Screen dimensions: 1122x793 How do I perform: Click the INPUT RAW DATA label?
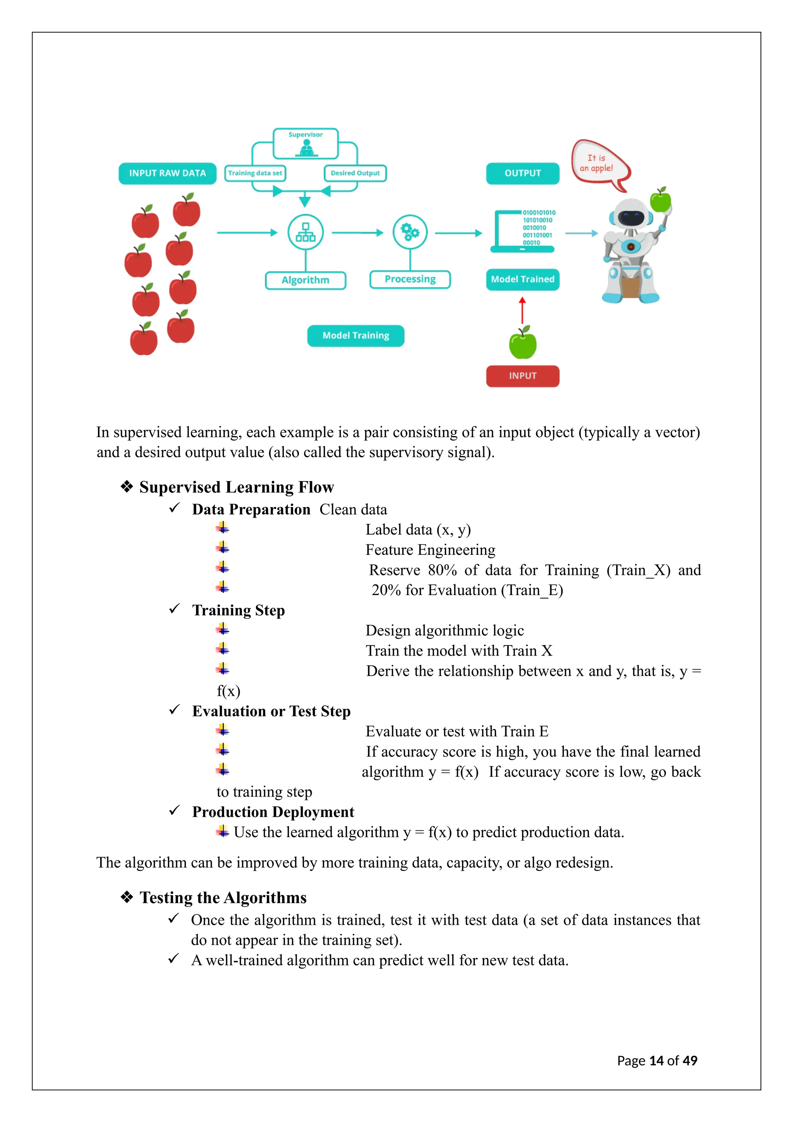point(168,174)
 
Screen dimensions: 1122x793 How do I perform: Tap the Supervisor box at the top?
point(306,144)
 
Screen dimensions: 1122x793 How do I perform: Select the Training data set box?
point(255,174)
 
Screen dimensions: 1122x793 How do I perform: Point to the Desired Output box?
point(355,174)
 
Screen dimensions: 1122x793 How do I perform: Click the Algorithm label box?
point(306,280)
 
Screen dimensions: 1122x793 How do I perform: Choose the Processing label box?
point(410,279)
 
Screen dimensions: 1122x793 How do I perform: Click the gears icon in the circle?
point(410,232)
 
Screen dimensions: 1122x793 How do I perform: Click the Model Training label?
point(355,336)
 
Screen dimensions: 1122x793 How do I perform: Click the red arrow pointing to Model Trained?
point(522,310)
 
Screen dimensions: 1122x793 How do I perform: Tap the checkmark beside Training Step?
point(174,609)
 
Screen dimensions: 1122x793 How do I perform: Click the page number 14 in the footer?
point(656,1061)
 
